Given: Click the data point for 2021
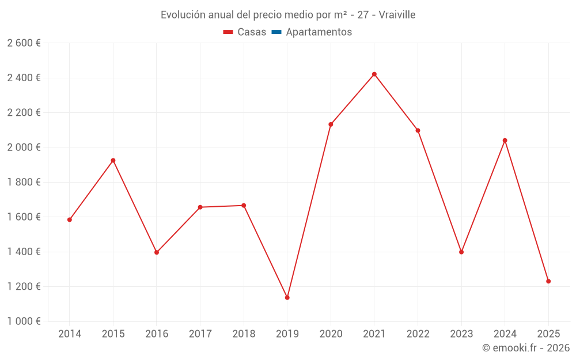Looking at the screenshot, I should click(x=374, y=74).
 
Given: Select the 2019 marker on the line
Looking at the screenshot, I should click(x=287, y=298).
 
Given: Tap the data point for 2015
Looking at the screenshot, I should click(x=113, y=160).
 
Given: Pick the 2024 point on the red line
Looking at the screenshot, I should click(x=505, y=141).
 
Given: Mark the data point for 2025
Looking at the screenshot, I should click(x=548, y=281).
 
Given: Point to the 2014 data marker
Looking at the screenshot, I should click(x=70, y=219).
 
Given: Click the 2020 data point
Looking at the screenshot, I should click(x=331, y=124).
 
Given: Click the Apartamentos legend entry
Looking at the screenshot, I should click(x=319, y=32).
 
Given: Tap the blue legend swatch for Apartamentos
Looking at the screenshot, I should click(x=276, y=32).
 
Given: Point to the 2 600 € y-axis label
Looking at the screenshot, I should click(x=24, y=43).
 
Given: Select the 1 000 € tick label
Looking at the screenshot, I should click(x=24, y=321).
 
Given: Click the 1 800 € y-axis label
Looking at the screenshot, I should click(x=24, y=182).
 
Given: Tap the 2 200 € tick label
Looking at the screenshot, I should click(x=24, y=113).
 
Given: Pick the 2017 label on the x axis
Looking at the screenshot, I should click(x=200, y=334).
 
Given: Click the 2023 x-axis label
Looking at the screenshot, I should click(x=461, y=334).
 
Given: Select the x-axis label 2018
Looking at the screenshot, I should click(x=244, y=334).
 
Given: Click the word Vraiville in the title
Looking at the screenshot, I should click(x=397, y=15).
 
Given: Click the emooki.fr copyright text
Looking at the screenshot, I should click(x=526, y=348).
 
